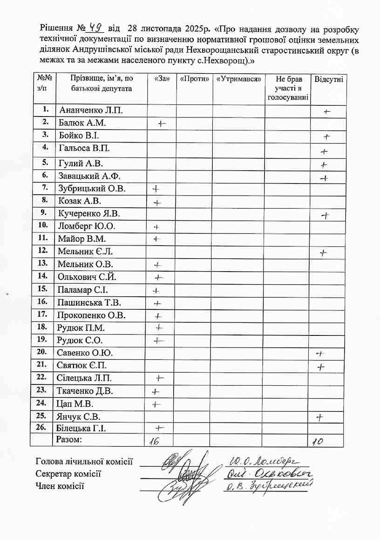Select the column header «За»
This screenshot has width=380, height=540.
coord(161,79)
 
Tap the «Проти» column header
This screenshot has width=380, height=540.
coord(194,79)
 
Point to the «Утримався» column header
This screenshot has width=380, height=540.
coord(238,79)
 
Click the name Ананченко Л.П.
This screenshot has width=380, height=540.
coord(91,110)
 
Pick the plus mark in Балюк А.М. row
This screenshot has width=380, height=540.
coord(162,123)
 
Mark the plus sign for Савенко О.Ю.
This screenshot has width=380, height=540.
coord(320,354)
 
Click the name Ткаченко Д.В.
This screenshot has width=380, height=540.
coord(85,390)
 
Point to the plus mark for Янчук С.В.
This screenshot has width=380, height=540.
coord(319,417)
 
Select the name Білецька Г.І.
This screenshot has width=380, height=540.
coord(82,428)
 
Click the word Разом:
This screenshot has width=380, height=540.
coord(69,439)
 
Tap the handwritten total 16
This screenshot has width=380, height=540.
coord(152,442)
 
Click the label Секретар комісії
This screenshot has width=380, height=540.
coord(68,474)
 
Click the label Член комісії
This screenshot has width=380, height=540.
coord(60,486)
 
